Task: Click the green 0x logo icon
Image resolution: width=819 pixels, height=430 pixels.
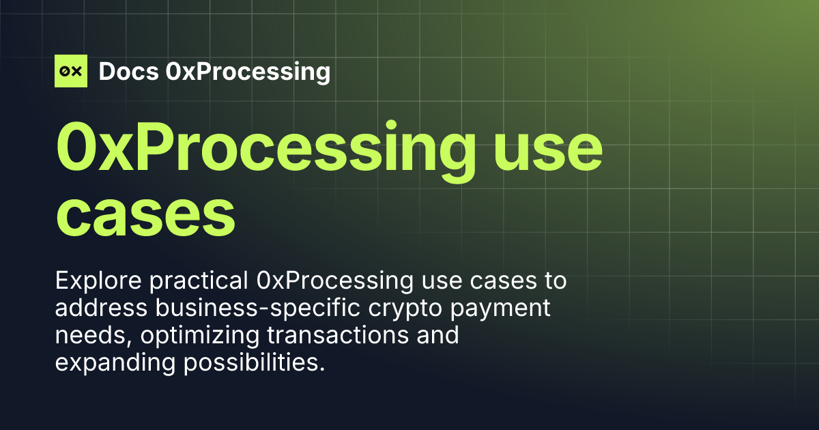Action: point(71,71)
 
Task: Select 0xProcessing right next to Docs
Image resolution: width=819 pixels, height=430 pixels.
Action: point(248,72)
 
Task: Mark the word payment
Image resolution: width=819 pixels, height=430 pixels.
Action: point(507,309)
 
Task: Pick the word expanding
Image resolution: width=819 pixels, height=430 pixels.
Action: point(115,363)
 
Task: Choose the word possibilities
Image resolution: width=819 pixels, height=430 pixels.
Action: point(252,363)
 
